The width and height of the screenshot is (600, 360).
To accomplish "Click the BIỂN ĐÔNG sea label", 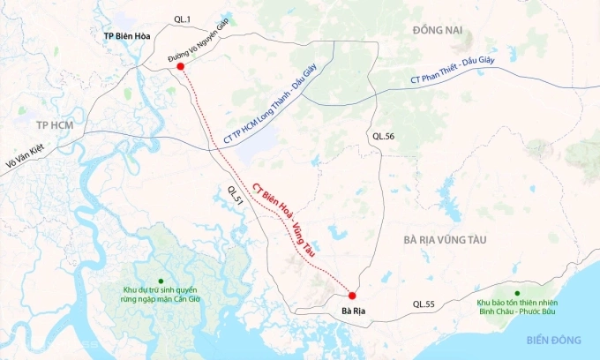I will tap(554, 340).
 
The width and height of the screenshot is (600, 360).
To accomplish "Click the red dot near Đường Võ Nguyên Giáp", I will tap(180, 66).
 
